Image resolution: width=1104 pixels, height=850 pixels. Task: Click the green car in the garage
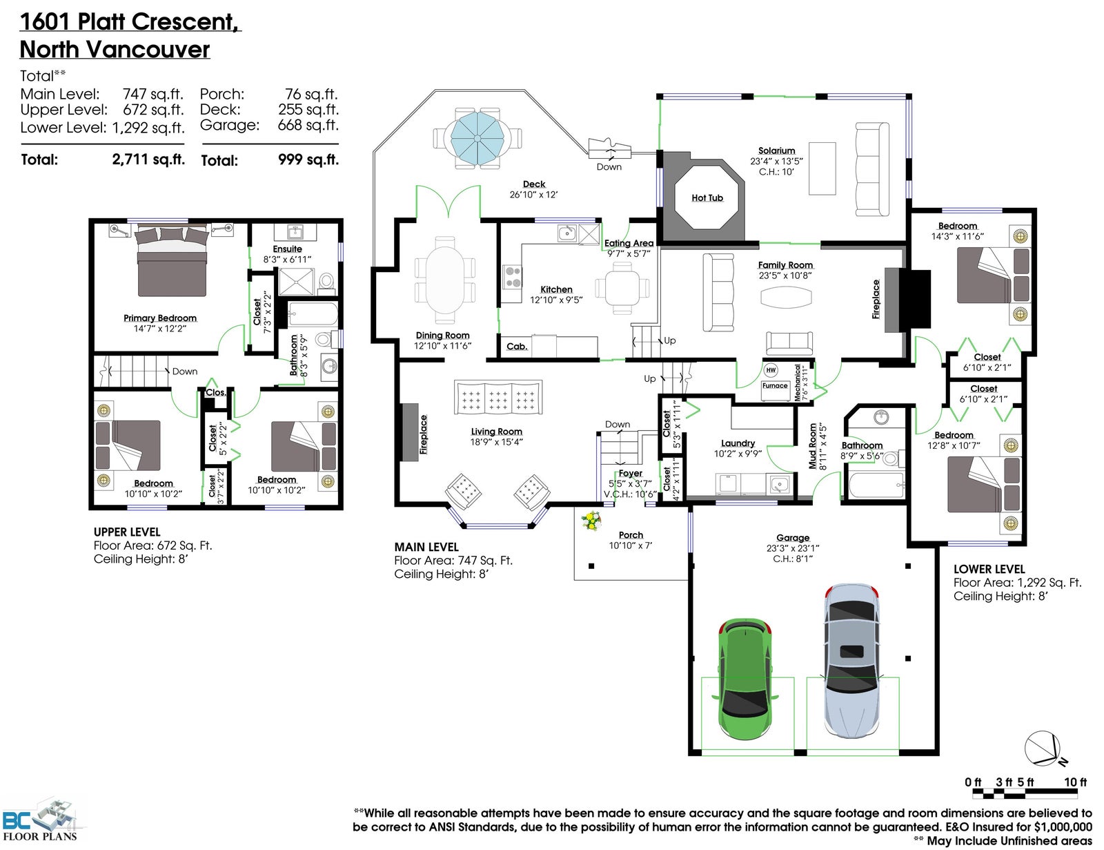click(745, 679)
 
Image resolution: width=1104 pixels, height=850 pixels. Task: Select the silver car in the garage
click(851, 661)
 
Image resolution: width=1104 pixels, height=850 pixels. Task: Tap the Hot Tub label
click(707, 197)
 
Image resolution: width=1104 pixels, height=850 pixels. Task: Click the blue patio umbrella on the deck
click(477, 138)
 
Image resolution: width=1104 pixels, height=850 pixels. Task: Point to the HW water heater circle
click(771, 369)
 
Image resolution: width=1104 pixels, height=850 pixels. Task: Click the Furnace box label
click(775, 385)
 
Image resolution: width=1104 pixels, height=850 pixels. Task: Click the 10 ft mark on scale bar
click(1075, 782)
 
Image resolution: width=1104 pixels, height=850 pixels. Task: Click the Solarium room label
click(776, 151)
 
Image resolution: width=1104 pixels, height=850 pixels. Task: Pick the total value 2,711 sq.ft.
click(148, 159)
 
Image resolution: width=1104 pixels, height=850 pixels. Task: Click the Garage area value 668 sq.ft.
click(308, 124)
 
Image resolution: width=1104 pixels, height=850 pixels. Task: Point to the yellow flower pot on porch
click(591, 521)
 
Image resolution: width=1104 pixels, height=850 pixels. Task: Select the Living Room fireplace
click(411, 432)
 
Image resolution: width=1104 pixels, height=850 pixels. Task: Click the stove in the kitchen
click(513, 277)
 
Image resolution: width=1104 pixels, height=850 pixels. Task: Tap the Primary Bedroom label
click(160, 318)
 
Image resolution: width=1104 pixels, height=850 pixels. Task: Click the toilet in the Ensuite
click(326, 280)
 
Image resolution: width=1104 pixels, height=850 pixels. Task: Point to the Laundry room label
click(738, 443)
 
